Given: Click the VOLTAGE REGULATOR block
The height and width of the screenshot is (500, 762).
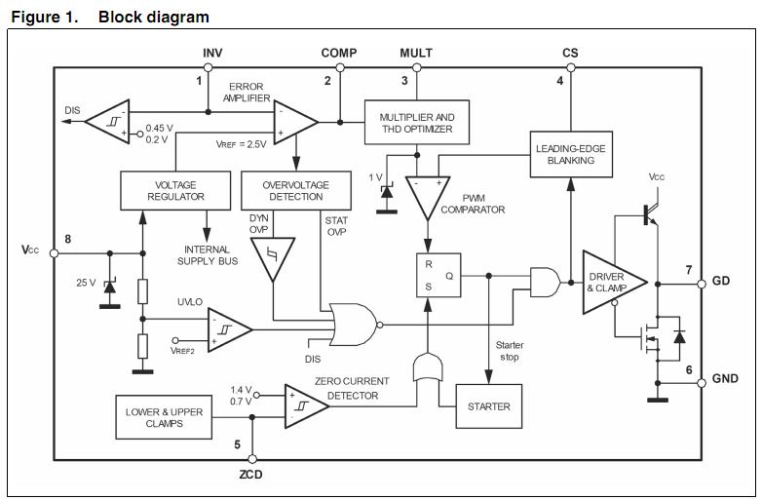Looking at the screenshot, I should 176,190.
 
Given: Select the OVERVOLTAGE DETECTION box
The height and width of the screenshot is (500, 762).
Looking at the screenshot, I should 296,190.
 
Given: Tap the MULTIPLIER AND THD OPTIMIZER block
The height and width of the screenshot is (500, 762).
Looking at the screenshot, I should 417,123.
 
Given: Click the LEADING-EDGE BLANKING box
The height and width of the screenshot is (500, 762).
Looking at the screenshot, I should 571,154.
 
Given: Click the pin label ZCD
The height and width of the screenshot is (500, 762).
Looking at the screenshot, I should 251,475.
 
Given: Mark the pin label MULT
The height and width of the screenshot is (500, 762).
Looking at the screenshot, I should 416,53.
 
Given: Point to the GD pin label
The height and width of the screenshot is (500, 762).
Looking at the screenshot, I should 721,282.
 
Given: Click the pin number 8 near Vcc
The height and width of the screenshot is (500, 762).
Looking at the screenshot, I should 68,239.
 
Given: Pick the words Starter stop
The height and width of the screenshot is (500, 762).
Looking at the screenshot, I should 510,351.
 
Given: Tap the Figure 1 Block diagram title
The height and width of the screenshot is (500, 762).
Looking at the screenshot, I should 110,17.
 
